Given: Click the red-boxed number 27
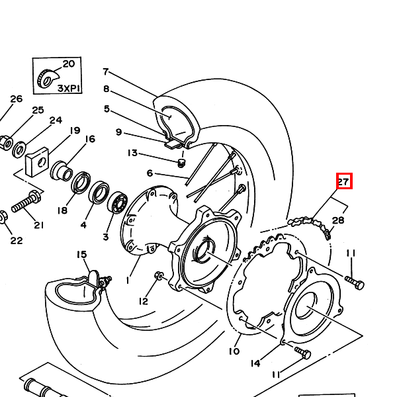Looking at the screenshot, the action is click(344, 181).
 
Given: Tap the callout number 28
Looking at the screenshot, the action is click(338, 220).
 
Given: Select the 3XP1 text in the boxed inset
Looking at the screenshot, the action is click(69, 89).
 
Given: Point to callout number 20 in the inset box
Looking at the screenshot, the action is click(69, 64).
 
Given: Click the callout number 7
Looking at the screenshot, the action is click(106, 71).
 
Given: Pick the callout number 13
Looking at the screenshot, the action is click(133, 154).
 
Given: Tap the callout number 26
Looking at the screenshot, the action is click(16, 99).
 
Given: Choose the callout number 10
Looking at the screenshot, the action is click(234, 351).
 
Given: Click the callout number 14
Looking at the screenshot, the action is click(255, 363).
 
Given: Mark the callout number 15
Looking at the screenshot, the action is click(82, 255).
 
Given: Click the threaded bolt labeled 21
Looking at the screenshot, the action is click(26, 201).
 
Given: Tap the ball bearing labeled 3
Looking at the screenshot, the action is click(117, 202).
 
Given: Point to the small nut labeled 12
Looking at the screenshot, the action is click(159, 275).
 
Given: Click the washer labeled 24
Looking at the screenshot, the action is click(19, 150).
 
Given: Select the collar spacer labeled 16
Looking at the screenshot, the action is click(62, 171).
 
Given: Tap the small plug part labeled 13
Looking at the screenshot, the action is click(181, 163).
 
